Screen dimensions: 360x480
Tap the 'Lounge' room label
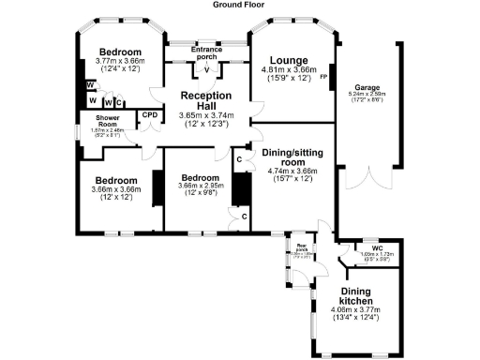[290, 60]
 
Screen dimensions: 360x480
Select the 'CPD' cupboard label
[149, 115]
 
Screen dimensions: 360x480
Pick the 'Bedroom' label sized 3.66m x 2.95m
[200, 177]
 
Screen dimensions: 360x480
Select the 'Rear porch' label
[302, 249]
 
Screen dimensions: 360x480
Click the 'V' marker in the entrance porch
[205, 69]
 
